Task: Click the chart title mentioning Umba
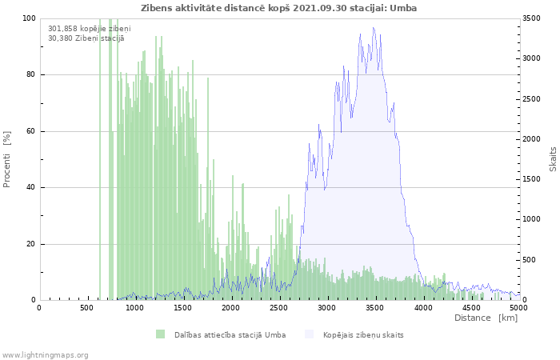click(x=278, y=8)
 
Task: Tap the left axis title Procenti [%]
click(x=7, y=160)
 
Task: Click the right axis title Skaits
click(x=553, y=159)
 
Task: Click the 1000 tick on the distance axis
click(x=134, y=308)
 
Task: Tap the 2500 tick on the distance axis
click(x=278, y=308)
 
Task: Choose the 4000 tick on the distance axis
click(x=422, y=308)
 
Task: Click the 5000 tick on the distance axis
click(x=518, y=308)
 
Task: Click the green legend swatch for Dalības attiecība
click(x=161, y=334)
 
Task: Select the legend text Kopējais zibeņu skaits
click(x=363, y=334)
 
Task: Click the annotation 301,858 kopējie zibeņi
click(x=89, y=29)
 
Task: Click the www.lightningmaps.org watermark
click(x=45, y=354)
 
